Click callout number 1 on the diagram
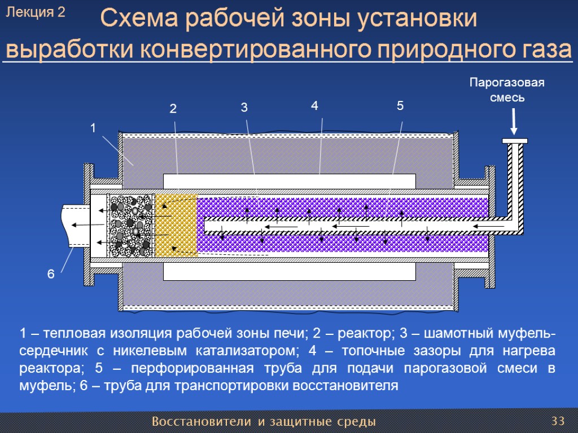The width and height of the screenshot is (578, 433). click(x=93, y=129)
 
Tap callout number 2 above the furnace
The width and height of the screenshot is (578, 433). click(x=173, y=109)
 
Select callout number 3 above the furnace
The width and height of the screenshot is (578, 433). click(x=244, y=108)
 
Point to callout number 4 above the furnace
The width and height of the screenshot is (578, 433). click(x=314, y=105)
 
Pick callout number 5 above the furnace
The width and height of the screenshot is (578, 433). click(x=400, y=105)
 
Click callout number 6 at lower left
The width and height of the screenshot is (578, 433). click(x=51, y=275)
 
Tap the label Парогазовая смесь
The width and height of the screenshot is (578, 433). click(x=507, y=90)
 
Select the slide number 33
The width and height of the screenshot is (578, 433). click(x=558, y=421)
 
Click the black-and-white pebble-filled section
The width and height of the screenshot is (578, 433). click(x=132, y=226)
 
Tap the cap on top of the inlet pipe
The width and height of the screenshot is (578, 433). click(x=514, y=140)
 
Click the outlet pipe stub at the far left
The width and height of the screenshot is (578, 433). click(x=76, y=225)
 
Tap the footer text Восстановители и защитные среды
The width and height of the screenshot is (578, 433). click(x=264, y=422)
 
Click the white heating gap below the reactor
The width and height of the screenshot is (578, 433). click(x=289, y=271)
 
